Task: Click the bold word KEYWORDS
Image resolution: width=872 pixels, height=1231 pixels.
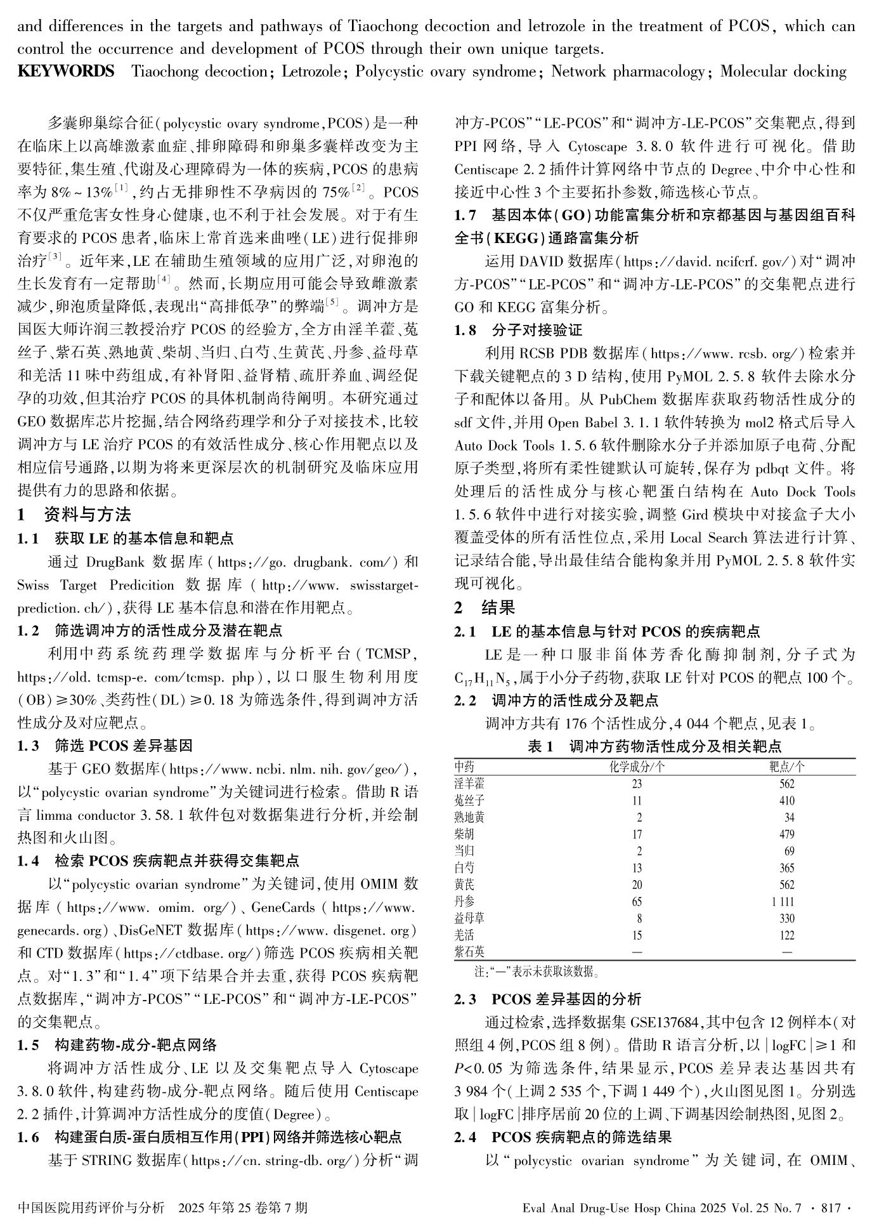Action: (x=66, y=71)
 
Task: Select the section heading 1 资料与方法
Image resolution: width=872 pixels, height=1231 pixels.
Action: (x=74, y=514)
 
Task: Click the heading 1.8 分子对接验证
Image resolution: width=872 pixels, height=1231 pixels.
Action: (x=518, y=330)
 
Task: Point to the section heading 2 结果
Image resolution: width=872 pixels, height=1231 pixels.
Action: (x=485, y=607)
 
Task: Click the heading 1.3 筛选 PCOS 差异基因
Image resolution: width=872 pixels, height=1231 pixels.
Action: (x=105, y=745)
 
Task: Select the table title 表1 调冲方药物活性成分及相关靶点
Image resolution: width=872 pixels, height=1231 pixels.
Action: (x=654, y=746)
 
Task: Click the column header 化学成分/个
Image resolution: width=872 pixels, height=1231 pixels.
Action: (x=637, y=767)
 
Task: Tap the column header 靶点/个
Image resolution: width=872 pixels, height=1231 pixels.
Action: (x=786, y=767)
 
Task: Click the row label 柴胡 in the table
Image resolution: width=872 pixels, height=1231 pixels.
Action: (x=464, y=834)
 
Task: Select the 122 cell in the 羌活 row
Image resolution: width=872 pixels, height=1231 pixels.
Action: (x=786, y=935)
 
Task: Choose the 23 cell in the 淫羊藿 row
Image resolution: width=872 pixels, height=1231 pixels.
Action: (x=637, y=784)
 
